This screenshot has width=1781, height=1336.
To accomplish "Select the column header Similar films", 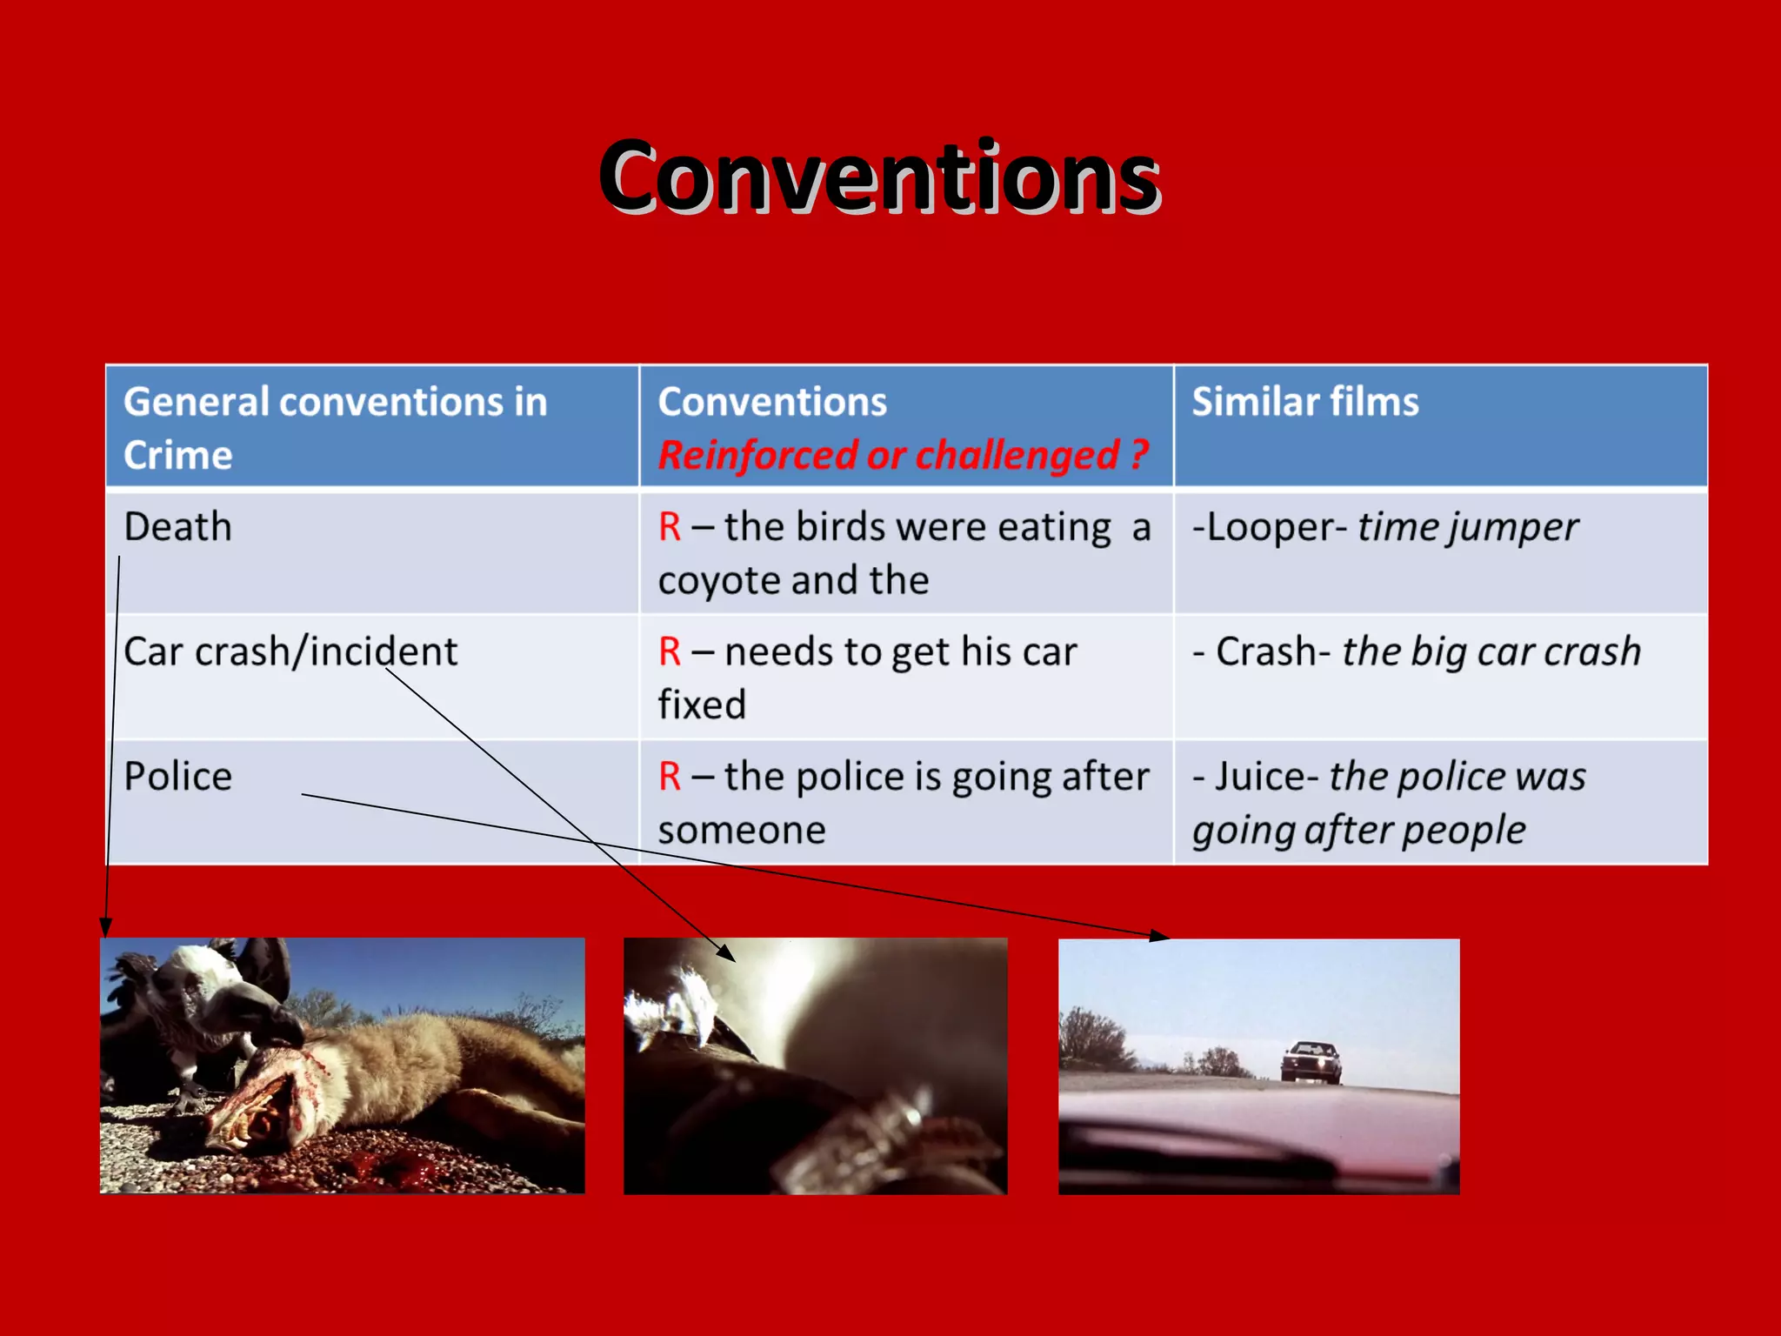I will (1304, 402).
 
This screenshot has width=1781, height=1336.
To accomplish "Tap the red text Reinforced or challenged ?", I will (903, 456).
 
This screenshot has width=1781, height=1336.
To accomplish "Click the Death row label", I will (177, 527).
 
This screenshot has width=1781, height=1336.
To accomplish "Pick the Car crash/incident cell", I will (290, 651).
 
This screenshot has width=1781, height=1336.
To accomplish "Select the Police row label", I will (177, 777).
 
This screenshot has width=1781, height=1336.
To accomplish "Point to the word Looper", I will (1270, 527).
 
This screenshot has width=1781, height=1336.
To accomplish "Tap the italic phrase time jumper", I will (1468, 527).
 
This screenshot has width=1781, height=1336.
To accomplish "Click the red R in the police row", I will (670, 777).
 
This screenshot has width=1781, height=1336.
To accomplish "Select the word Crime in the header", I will (177, 456).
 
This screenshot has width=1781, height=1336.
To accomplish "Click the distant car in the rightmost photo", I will (1311, 1062).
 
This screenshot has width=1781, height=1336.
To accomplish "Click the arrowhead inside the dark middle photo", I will (725, 952).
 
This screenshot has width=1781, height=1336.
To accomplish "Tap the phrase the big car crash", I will (1491, 651).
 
